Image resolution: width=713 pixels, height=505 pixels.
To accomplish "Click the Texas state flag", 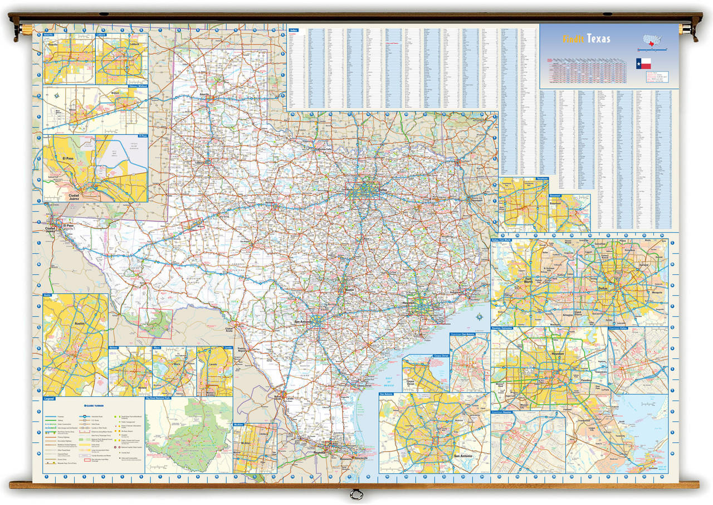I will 643,62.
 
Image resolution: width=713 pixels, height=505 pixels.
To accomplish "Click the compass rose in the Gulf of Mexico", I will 478,318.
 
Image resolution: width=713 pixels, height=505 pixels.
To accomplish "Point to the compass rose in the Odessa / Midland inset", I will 56,95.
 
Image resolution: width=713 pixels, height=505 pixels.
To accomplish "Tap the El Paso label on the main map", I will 68,226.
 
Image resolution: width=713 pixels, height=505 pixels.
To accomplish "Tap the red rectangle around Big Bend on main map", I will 155,323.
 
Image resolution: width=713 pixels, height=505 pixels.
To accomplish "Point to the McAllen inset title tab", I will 240,424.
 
